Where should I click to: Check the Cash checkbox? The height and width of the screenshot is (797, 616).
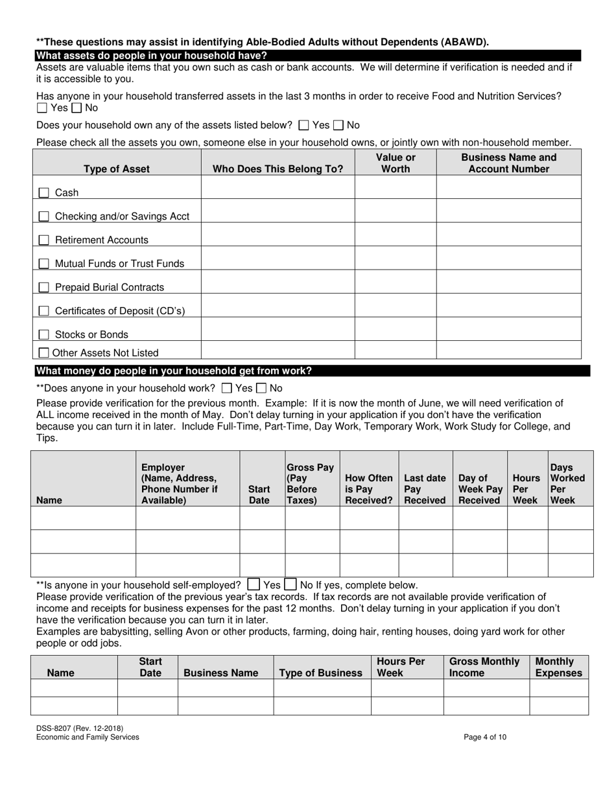click(43, 192)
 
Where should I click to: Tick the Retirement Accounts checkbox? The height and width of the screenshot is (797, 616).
click(43, 240)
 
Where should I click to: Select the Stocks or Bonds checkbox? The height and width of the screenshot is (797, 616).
click(43, 334)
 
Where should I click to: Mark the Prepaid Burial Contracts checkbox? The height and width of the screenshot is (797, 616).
click(43, 287)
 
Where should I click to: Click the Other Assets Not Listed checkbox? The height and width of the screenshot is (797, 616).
click(43, 353)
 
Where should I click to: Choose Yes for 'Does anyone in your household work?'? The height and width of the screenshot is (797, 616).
click(226, 389)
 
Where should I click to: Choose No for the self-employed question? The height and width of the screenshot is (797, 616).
click(291, 584)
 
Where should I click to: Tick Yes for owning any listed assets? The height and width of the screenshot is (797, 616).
click(303, 125)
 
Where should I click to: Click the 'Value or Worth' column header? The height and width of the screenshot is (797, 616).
click(396, 163)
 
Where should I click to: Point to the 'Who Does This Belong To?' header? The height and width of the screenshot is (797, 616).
click(278, 169)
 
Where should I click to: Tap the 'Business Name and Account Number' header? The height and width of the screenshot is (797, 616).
click(508, 163)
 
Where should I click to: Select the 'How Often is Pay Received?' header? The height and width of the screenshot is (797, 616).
click(369, 489)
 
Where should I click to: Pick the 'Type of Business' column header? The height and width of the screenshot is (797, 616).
click(321, 673)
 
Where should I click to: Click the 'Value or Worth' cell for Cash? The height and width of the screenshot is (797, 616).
click(396, 187)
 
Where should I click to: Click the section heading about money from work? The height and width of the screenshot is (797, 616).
click(174, 371)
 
